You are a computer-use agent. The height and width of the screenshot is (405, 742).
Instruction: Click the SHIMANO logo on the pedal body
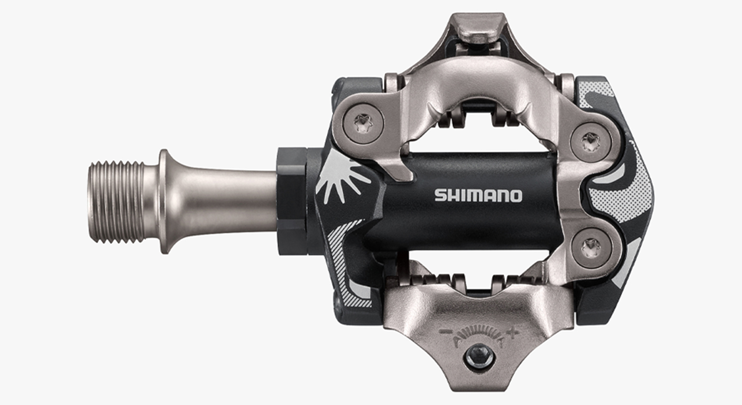(x=478, y=195)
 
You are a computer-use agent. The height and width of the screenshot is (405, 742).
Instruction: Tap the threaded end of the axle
(x=116, y=202)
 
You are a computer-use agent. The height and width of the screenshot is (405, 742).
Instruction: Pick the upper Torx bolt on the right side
(x=590, y=141)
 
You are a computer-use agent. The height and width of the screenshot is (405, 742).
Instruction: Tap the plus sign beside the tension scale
(x=510, y=334)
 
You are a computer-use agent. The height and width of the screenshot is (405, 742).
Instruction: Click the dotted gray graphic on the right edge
(x=632, y=193)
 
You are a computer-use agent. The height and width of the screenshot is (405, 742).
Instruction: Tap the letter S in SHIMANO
(x=440, y=195)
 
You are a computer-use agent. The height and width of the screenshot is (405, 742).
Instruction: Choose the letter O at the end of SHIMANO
(x=516, y=195)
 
